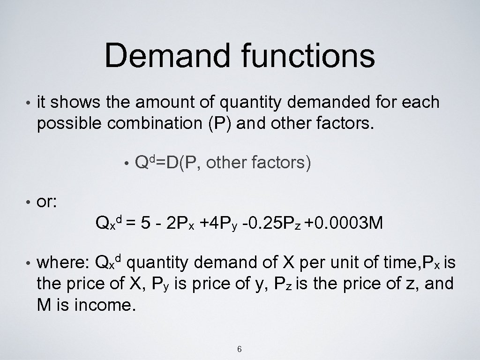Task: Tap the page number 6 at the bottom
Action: click(x=240, y=349)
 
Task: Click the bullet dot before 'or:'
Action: click(x=30, y=202)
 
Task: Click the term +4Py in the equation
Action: click(x=217, y=224)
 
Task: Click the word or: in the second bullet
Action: click(x=47, y=202)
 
